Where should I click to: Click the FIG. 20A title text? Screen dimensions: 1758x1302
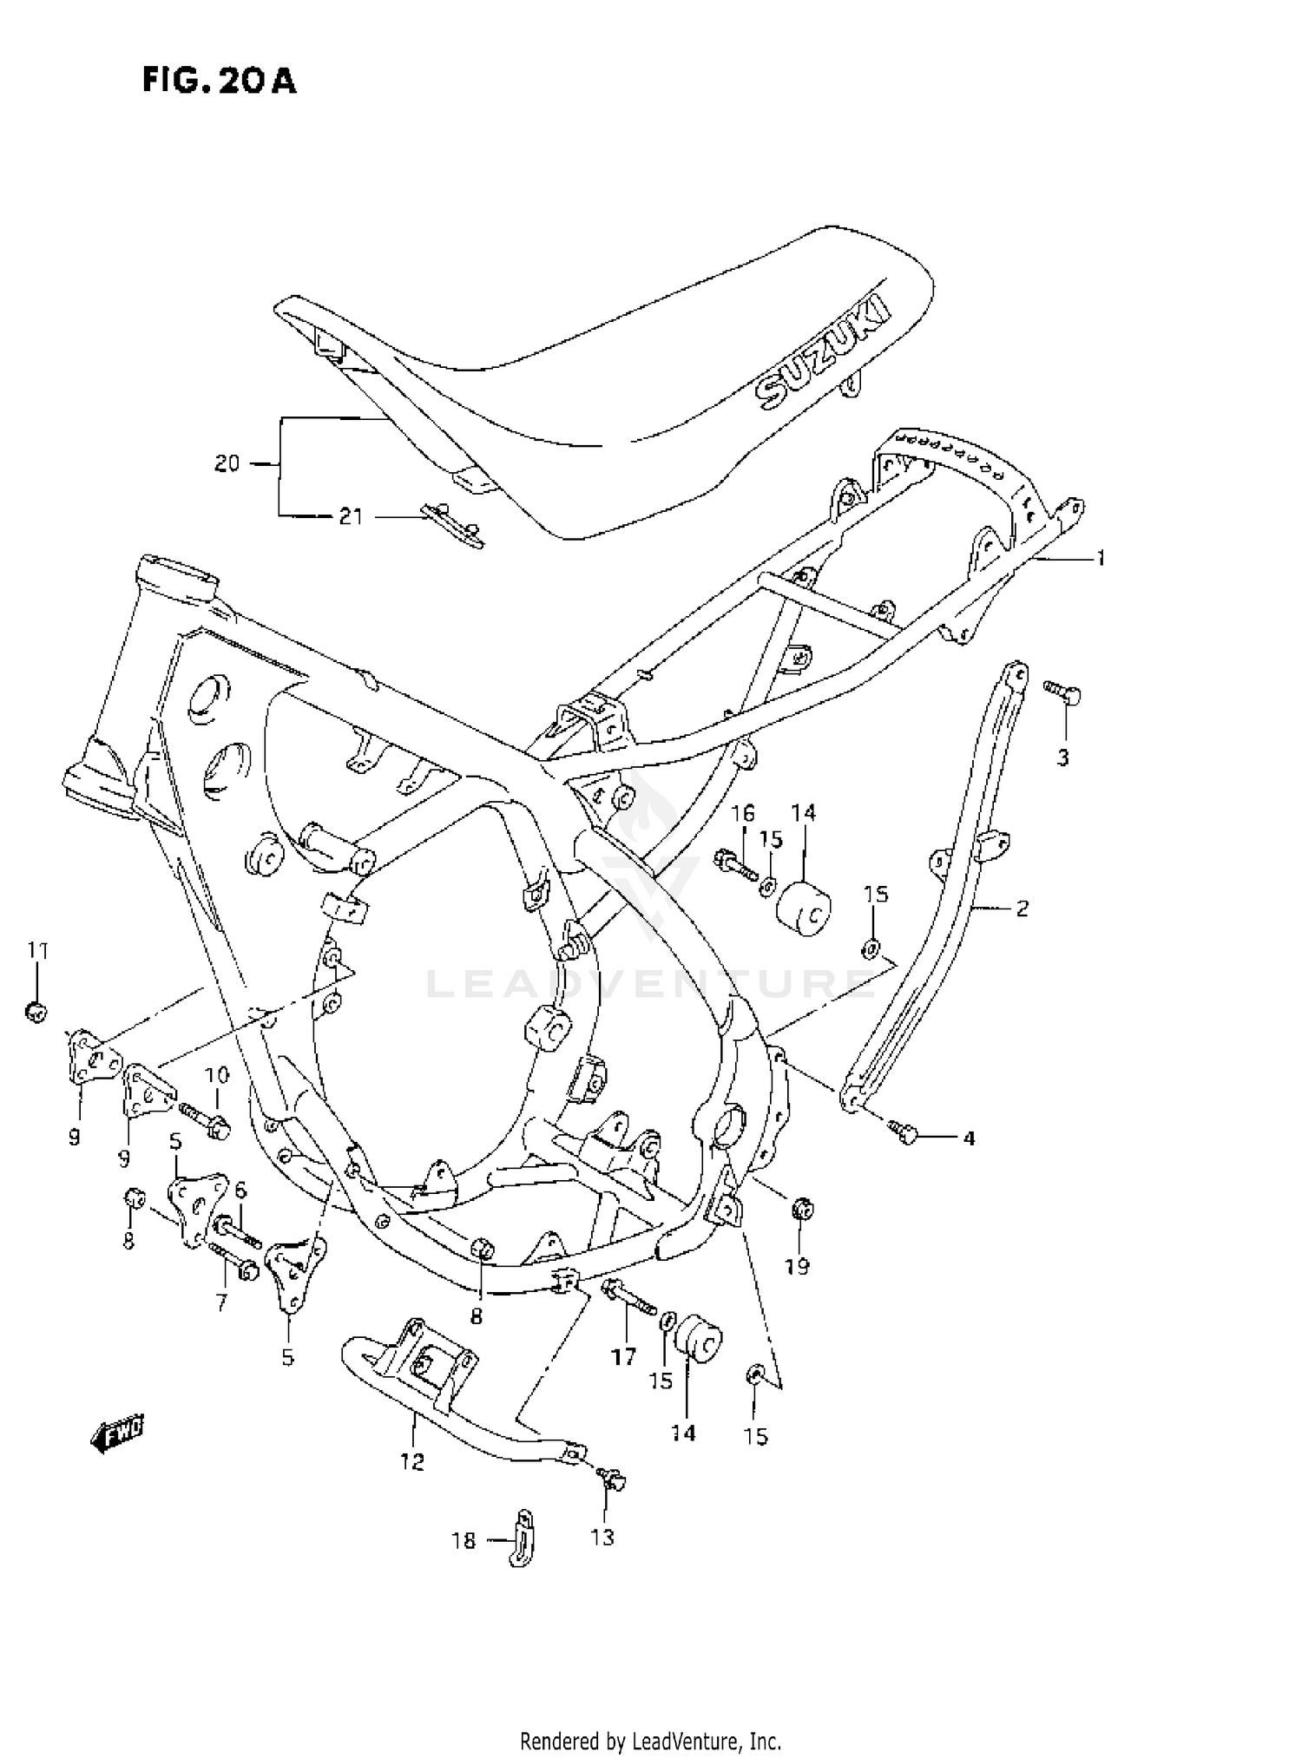point(220,81)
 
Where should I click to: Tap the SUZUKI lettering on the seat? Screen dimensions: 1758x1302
point(823,351)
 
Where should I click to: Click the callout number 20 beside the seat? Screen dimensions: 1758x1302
point(227,464)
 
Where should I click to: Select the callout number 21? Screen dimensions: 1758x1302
point(350,517)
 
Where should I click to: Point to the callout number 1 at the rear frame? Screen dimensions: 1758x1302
point(1101,559)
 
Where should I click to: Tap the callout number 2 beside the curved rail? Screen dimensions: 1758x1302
point(1022,909)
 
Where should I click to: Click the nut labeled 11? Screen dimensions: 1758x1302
point(36,1011)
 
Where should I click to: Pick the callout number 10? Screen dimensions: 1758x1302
point(216,1076)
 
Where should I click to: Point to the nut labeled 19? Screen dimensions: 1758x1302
point(802,1208)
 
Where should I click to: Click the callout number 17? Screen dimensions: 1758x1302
point(623,1357)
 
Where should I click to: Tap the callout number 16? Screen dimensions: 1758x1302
point(742,814)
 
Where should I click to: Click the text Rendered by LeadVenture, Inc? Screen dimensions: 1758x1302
point(650,1741)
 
